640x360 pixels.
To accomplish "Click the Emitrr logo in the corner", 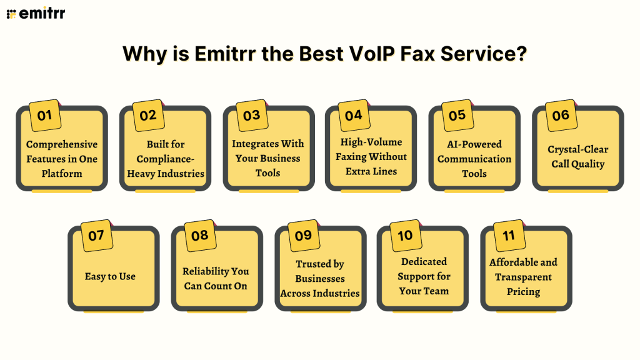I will (x=36, y=13).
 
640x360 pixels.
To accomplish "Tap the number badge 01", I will (x=45, y=115).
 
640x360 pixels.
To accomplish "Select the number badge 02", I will (x=148, y=115).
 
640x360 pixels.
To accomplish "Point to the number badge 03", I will (x=251, y=115).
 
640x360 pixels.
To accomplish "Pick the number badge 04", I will (x=353, y=115).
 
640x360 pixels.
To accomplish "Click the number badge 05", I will (x=457, y=115).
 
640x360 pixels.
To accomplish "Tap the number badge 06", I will (x=561, y=115).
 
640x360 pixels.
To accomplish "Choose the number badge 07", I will (x=96, y=236).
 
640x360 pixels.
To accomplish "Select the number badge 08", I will (x=199, y=236).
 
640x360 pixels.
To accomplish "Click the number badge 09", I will (x=303, y=236).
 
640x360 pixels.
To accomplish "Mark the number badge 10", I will (x=405, y=236).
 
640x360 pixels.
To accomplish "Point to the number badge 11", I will (x=509, y=236).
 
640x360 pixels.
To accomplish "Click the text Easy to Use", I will (x=110, y=276).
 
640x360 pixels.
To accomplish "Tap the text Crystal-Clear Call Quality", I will (x=577, y=157).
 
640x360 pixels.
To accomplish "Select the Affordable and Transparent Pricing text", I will (x=523, y=277).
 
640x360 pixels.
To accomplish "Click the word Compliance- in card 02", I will (x=166, y=159).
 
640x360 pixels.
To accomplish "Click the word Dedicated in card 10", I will (x=424, y=262).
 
